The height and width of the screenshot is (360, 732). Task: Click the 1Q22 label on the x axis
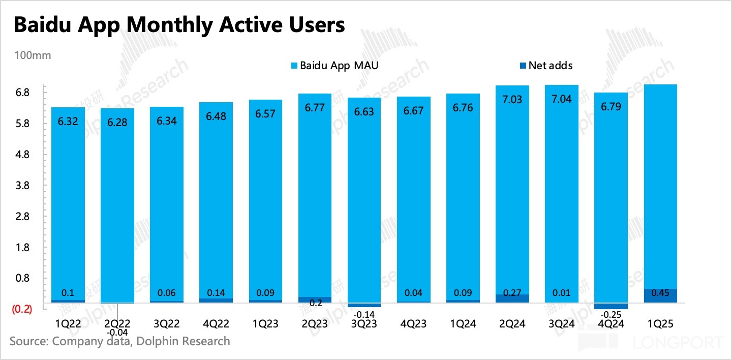click(x=68, y=323)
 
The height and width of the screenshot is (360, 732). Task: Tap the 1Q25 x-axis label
click(x=660, y=323)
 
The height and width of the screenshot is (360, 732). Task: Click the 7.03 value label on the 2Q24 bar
click(x=512, y=99)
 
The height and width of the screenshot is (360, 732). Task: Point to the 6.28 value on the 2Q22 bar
click(x=117, y=124)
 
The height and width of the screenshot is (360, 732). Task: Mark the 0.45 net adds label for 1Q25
click(x=660, y=293)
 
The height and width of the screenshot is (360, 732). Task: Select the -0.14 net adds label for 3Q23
click(x=364, y=314)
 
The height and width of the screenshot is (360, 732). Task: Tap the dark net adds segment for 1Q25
click(x=660, y=296)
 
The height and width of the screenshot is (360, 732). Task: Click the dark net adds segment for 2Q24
click(x=512, y=299)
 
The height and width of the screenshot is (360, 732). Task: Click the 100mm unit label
click(x=33, y=55)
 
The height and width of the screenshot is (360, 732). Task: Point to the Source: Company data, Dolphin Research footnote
click(x=120, y=341)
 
